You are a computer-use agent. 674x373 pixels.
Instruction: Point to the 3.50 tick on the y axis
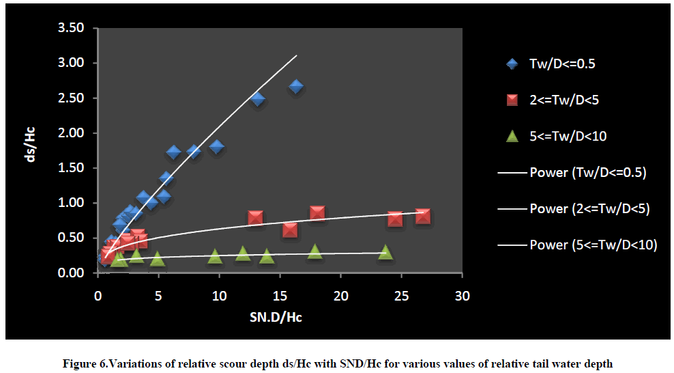pyautogui.click(x=71, y=28)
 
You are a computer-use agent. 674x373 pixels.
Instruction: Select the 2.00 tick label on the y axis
pyautogui.click(x=71, y=133)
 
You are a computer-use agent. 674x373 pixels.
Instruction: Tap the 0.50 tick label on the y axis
pyautogui.click(x=71, y=238)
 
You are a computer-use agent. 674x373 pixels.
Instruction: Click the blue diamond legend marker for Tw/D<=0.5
pyautogui.click(x=512, y=64)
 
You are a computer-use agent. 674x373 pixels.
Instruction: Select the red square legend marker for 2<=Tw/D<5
pyautogui.click(x=512, y=100)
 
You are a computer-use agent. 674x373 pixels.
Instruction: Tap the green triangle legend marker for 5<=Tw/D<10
pyautogui.click(x=512, y=136)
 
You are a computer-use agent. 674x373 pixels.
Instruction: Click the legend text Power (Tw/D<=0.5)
pyautogui.click(x=587, y=172)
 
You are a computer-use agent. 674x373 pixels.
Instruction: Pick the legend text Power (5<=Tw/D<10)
pyautogui.click(x=593, y=244)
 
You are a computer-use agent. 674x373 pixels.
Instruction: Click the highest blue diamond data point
pyautogui.click(x=296, y=87)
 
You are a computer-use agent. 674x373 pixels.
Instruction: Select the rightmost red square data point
pyautogui.click(x=423, y=217)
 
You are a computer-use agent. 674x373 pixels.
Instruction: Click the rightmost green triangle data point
pyautogui.click(x=385, y=252)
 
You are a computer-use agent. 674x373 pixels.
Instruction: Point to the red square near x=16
pyautogui.click(x=290, y=230)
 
